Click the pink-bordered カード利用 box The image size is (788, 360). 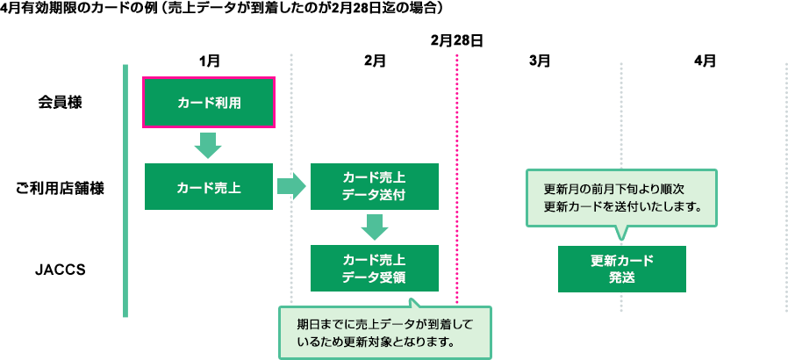[209, 103]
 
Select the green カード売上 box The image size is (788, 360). [209, 187]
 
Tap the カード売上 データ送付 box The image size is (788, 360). [374, 186]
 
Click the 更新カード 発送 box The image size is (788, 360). [621, 269]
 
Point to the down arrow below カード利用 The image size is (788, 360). [208, 145]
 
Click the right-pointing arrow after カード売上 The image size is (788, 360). [290, 186]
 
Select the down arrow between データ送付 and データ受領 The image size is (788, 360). [374, 227]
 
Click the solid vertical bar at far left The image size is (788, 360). [125, 190]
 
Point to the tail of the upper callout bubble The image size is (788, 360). [621, 233]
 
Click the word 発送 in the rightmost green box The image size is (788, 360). [621, 277]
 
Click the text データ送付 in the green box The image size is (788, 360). [374, 195]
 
